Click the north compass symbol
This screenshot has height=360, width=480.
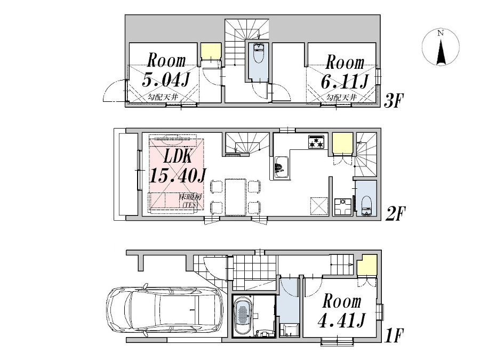(x=440, y=47)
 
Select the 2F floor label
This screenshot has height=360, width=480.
(x=395, y=214)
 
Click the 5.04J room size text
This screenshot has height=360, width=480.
(x=166, y=80)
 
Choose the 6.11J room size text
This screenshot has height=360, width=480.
(x=345, y=82)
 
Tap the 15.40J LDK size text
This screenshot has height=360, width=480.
(x=178, y=175)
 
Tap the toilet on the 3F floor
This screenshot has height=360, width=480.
(x=259, y=54)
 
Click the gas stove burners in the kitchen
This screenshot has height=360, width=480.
(x=316, y=142)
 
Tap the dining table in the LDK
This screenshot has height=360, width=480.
(x=235, y=196)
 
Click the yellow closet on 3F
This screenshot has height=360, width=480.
(x=210, y=51)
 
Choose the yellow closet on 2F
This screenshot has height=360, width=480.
(x=342, y=143)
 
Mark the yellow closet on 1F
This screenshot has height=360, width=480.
(x=367, y=267)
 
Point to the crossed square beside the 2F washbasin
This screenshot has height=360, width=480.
(x=319, y=205)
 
